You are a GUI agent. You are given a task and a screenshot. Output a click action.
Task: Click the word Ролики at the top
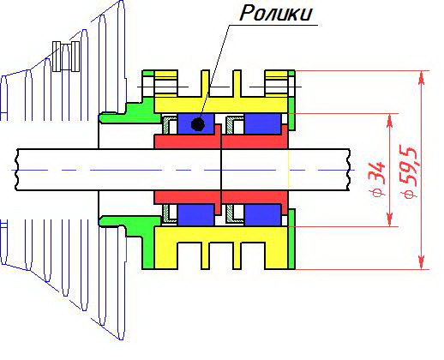click(x=275, y=14)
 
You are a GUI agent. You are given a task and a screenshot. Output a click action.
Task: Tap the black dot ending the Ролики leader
click(x=198, y=124)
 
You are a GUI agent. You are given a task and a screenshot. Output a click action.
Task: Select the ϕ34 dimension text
click(x=378, y=179)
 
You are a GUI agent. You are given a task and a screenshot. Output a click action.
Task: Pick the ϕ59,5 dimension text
click(x=409, y=172)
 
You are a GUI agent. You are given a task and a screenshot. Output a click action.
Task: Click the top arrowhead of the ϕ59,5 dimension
click(x=422, y=78)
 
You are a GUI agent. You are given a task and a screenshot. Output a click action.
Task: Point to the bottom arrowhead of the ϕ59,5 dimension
click(x=422, y=262)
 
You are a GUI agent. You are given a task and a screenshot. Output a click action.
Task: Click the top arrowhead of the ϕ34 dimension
click(x=389, y=121)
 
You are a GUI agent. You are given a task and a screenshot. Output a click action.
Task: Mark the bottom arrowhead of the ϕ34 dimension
click(x=389, y=219)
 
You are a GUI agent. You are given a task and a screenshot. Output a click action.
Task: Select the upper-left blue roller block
click(x=195, y=123)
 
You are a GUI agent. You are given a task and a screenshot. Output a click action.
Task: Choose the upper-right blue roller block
click(x=262, y=123)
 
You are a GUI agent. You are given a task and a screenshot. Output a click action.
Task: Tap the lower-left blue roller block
click(x=195, y=215)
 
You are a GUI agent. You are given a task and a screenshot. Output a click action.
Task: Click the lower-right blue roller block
click(x=262, y=215)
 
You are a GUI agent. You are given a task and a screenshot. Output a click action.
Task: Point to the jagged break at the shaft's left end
click(x=17, y=170)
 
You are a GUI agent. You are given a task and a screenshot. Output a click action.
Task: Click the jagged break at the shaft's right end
click(x=349, y=170)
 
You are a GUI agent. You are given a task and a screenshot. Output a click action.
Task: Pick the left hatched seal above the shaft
click(x=170, y=125)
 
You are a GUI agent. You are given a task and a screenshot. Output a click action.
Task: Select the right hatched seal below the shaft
click(x=234, y=213)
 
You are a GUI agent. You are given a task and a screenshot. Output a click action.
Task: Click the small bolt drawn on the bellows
click(x=66, y=57)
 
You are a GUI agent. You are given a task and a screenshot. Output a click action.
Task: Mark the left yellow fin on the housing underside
click(x=205, y=255)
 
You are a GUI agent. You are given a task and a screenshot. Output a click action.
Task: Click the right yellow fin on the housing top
click(x=237, y=83)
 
